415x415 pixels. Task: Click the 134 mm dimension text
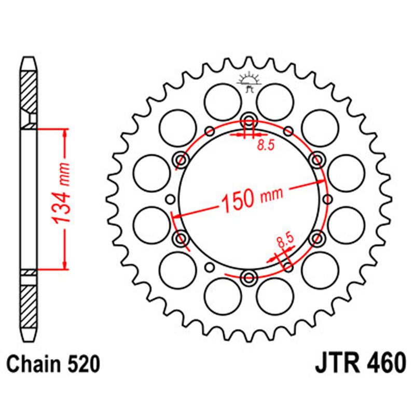(61, 200)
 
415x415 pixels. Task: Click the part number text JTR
(336, 364)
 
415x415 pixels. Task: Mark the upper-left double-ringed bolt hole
(181, 159)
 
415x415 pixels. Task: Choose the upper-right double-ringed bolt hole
(315, 159)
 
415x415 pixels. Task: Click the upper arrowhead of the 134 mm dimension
(64, 131)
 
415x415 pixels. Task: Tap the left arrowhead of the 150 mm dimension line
(176, 214)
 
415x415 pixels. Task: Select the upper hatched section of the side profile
(29, 91)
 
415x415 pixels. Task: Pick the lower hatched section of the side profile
(29, 303)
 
